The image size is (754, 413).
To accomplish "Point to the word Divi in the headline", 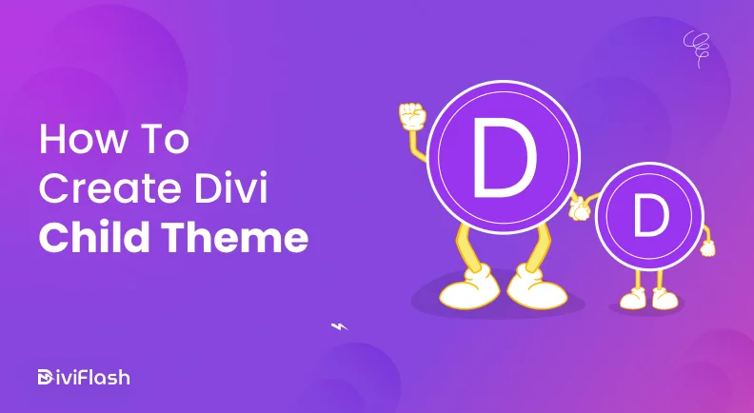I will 240,187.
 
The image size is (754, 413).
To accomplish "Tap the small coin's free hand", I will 706,247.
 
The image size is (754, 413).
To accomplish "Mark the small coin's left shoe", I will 633,300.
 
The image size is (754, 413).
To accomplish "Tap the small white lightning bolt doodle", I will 339,325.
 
